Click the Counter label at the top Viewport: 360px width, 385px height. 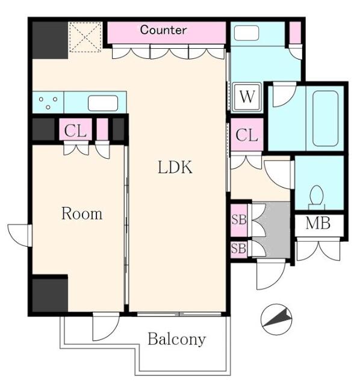[x=163, y=29]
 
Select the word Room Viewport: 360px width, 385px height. [x=82, y=214]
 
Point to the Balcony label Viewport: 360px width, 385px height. [x=176, y=339]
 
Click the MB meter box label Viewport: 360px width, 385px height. [x=317, y=224]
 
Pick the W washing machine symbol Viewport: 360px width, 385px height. [x=247, y=97]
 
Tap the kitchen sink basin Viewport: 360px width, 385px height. [x=102, y=103]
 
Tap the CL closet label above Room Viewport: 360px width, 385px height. [x=75, y=130]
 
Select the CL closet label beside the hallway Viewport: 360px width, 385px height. [x=246, y=135]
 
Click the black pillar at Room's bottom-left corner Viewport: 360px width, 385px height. [x=49, y=294]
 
